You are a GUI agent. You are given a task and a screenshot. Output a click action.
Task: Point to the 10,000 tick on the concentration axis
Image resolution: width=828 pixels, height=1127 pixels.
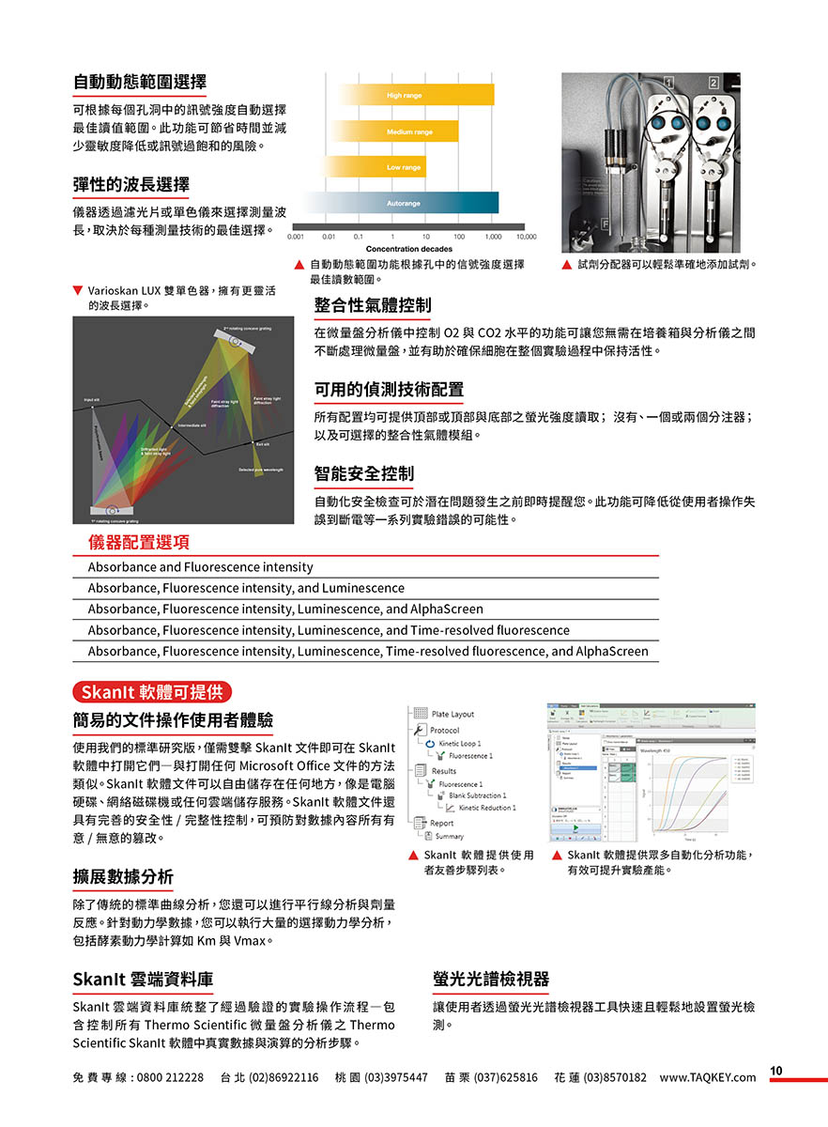click(526, 237)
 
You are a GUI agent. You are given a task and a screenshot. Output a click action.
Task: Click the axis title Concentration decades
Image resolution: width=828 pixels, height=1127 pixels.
click(408, 249)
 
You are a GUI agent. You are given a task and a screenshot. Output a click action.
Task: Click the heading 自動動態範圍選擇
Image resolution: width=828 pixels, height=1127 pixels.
click(140, 82)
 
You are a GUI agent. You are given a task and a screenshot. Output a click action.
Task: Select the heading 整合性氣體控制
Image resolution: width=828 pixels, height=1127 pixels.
click(373, 304)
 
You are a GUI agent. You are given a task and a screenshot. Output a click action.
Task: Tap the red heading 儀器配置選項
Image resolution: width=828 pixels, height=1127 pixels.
click(139, 542)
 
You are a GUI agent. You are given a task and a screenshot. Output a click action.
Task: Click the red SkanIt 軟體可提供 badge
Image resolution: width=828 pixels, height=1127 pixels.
click(151, 693)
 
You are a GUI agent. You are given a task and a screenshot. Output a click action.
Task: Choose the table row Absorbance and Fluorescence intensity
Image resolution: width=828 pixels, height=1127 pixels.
click(201, 567)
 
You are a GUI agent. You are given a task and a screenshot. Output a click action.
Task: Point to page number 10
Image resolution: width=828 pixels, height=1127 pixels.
click(776, 1071)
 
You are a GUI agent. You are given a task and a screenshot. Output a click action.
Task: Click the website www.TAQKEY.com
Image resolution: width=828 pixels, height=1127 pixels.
click(707, 1077)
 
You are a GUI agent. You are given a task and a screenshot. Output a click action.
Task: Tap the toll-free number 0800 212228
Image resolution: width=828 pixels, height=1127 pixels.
click(170, 1077)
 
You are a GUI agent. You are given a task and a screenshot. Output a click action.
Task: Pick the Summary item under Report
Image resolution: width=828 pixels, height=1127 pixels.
click(449, 836)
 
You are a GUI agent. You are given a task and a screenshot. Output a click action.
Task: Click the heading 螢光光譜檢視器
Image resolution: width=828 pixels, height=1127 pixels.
click(491, 980)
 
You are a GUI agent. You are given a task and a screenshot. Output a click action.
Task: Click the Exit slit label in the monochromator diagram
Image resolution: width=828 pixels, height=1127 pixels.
click(264, 443)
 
